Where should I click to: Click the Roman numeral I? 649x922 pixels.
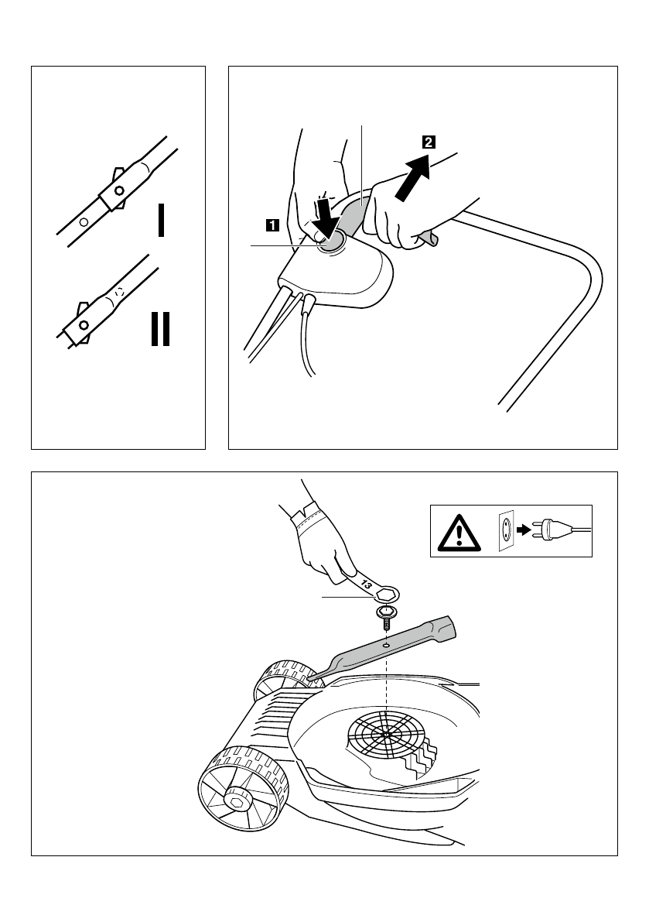coord(160,221)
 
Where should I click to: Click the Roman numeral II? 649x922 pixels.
coord(160,329)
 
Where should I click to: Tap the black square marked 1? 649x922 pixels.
coord(272,225)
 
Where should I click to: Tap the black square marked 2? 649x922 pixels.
coord(428,142)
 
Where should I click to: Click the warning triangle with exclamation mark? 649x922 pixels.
coord(458,532)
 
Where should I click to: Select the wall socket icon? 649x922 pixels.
coord(505,531)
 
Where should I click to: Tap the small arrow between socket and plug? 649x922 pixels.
coord(524,530)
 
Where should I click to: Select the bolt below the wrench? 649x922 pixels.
coord(385,617)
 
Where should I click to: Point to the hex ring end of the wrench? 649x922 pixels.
coord(386,595)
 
